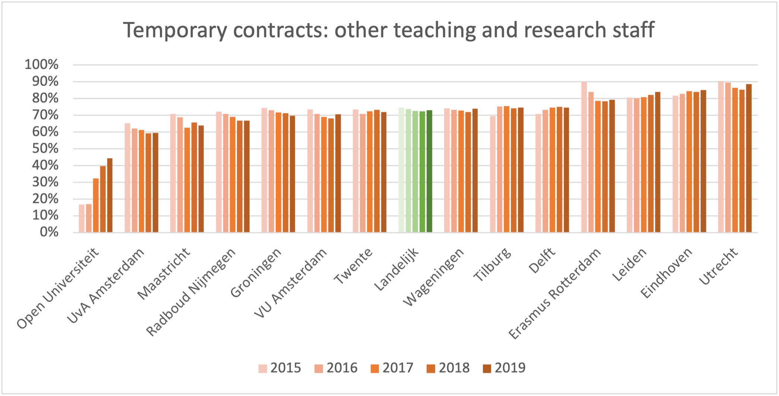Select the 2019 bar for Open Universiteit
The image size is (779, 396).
click(110, 196)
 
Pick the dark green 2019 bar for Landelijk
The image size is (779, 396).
click(429, 171)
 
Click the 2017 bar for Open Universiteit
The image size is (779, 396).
click(96, 206)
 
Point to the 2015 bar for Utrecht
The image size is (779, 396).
click(721, 157)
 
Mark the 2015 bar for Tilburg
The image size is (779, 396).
click(493, 174)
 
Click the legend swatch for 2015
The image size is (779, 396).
click(263, 368)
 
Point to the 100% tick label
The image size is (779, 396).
click(42, 65)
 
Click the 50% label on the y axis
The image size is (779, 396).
click(45, 149)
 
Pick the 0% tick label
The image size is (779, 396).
click(49, 232)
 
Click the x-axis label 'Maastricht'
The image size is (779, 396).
click(164, 274)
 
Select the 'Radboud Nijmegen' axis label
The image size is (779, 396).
click(191, 292)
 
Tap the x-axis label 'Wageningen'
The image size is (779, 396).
click(434, 278)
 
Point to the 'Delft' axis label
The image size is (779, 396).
click(542, 261)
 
